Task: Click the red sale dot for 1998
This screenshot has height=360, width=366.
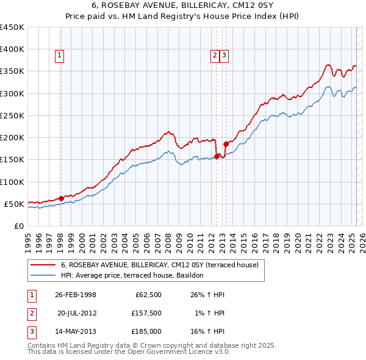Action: (61, 198)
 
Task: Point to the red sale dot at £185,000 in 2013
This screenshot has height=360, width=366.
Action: (226, 144)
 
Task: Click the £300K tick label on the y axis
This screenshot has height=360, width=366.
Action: (13, 93)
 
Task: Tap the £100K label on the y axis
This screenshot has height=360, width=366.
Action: (13, 182)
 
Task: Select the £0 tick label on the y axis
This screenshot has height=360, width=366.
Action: (19, 226)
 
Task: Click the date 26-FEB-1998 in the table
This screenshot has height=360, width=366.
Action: (76, 295)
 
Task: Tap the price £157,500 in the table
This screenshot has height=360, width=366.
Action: (146, 313)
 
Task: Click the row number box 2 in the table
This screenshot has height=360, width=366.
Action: (30, 313)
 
